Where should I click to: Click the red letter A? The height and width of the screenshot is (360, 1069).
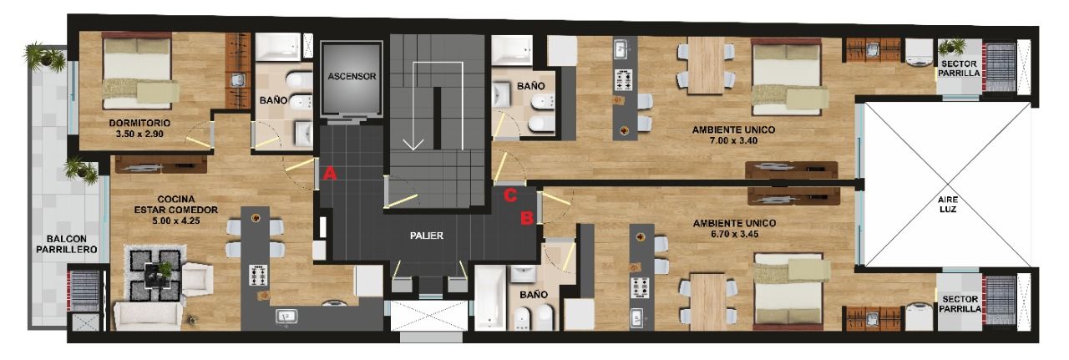329,173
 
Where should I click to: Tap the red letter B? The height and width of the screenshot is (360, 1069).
527,218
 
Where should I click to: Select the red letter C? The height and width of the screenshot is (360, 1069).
510,195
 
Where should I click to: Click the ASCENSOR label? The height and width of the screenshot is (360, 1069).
352,76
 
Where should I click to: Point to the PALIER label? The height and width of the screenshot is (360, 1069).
427,236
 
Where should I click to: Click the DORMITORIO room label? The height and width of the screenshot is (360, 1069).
139,123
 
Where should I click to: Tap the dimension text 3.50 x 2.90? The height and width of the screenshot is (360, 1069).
139,134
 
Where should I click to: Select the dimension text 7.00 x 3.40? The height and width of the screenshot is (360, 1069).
733,140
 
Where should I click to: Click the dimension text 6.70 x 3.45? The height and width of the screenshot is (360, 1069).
734,234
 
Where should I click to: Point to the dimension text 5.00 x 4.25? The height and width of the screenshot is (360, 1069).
176,221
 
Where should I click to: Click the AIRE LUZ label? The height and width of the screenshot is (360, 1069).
947,205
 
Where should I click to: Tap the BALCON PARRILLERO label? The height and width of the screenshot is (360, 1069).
67,244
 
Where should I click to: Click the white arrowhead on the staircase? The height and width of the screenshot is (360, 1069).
413,144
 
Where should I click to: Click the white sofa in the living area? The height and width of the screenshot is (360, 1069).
148,316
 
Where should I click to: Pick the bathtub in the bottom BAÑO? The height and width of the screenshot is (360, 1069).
490,297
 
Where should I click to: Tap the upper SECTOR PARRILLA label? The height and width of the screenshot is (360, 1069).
960,68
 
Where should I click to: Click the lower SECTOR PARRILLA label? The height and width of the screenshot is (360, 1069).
960,304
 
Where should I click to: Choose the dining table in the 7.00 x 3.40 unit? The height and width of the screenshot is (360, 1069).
707,65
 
